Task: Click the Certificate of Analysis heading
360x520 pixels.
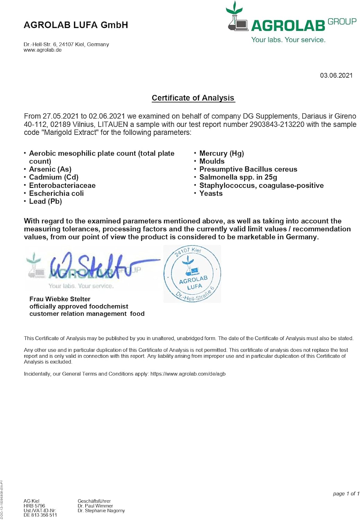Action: point(193,98)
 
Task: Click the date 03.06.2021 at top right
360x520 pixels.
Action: point(336,76)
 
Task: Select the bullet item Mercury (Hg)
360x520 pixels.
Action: point(221,153)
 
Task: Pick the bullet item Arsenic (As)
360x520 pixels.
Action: point(50,169)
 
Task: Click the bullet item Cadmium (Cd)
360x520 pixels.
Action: point(53,177)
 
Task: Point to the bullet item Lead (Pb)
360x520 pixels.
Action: point(45,201)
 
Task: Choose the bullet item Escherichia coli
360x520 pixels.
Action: point(56,193)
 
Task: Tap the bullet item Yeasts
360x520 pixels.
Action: point(211,193)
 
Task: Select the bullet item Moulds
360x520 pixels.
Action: point(212,161)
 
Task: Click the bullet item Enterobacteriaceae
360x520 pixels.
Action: point(62,185)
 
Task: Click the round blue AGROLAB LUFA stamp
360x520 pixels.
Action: point(192,274)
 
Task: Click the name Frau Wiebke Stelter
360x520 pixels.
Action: point(60,299)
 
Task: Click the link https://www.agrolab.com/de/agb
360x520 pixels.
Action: point(188,374)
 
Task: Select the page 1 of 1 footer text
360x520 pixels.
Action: point(346,494)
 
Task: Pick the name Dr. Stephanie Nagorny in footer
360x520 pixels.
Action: point(101,510)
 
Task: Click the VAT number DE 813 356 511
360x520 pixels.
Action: point(40,515)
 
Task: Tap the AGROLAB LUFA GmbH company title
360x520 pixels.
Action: point(76,25)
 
